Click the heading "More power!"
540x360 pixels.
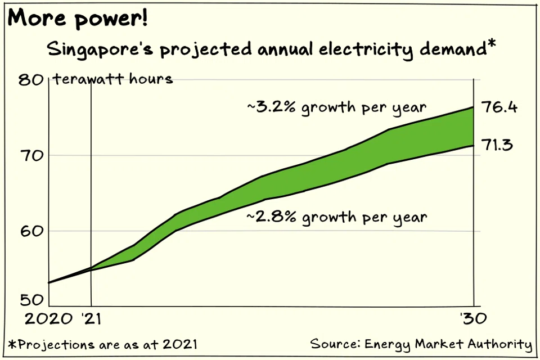click(78, 19)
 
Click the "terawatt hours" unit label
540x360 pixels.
click(112, 79)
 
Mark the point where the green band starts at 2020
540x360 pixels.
click(49, 282)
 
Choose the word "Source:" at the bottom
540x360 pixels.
click(334, 344)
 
